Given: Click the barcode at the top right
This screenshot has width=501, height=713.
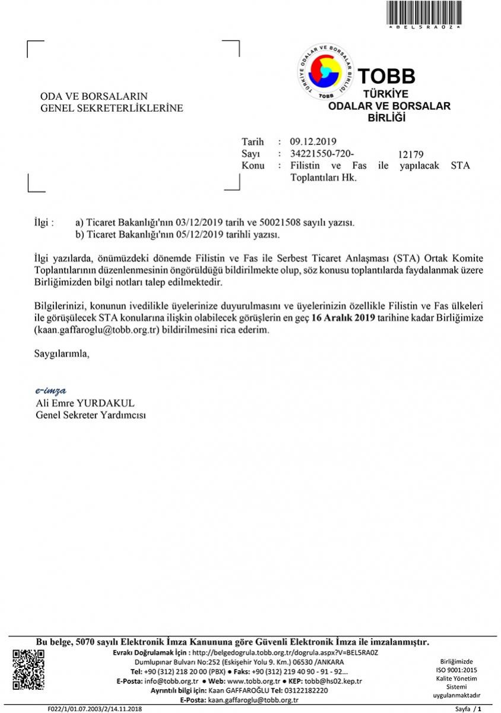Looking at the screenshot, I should [x=424, y=12].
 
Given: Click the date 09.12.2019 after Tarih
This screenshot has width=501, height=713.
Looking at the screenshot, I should [x=313, y=141].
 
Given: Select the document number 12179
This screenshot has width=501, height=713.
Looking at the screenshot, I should [x=411, y=155].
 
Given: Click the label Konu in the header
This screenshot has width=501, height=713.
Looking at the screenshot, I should [x=253, y=165].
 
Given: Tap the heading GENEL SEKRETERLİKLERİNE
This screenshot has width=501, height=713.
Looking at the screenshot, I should [x=112, y=108].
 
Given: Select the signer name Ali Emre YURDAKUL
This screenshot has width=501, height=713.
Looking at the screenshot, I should [x=85, y=403].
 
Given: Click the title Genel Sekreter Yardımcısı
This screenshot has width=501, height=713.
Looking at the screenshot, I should [x=91, y=414].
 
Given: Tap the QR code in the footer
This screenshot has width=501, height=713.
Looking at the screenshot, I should [x=28, y=670].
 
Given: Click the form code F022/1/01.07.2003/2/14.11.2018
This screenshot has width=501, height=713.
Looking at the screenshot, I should [x=95, y=709].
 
